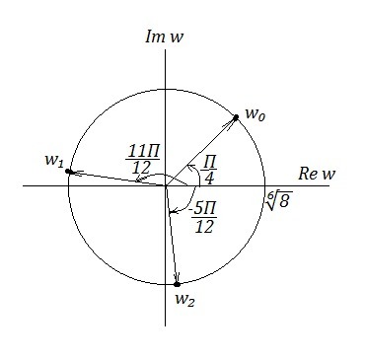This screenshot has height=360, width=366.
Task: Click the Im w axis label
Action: point(164,37)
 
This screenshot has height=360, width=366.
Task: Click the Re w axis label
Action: point(317,174)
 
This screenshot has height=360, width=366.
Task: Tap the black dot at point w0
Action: point(236,117)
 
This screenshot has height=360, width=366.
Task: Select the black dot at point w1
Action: point(68,172)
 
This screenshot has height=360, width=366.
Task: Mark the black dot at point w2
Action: point(177,284)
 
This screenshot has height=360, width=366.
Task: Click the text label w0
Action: point(256,114)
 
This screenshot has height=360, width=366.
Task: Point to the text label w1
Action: point(54,161)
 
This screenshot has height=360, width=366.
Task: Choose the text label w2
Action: point(184,300)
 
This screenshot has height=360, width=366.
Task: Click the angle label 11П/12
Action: point(142,159)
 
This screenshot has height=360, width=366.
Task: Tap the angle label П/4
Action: point(209,171)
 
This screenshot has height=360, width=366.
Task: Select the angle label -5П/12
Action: point(204,218)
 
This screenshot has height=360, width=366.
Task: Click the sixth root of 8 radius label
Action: point(279,199)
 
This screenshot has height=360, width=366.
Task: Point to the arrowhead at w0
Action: point(232,121)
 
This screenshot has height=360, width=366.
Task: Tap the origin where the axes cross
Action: point(165,185)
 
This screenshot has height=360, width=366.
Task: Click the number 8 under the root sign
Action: point(284,200)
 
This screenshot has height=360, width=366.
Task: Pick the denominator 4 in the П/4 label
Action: point(208,179)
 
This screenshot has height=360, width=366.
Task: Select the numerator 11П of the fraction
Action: point(143,152)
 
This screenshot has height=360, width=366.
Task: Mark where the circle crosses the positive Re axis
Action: point(265,185)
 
